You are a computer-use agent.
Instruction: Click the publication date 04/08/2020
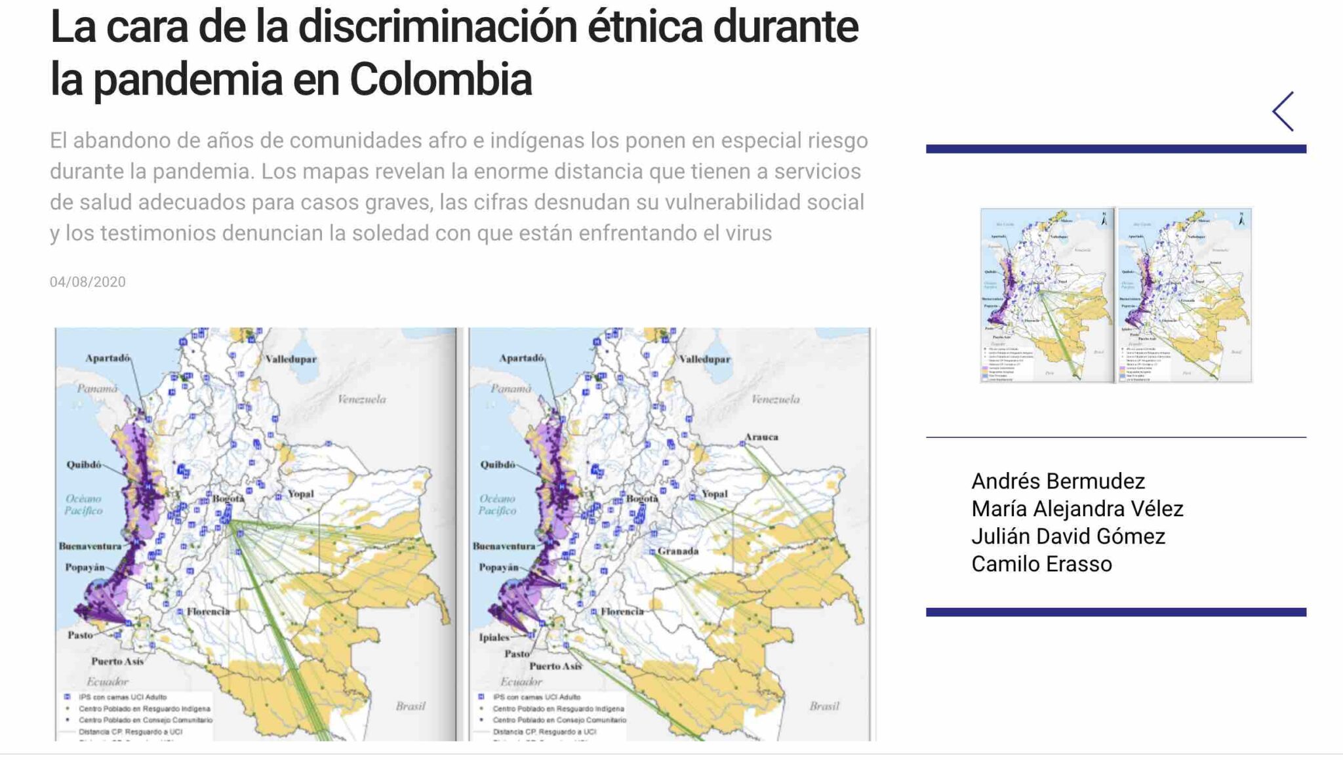point(87,282)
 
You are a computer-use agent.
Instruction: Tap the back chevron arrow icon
point(1283,111)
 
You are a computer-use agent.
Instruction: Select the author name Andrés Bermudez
point(1058,481)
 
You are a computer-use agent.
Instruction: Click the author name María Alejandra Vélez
point(1077,509)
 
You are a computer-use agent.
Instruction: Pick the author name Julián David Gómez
point(1068,536)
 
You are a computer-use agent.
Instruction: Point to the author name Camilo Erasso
point(1041,564)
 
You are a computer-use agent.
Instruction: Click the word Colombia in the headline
point(440,79)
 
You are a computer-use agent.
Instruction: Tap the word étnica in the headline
point(644,28)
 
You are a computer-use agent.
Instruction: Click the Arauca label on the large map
point(761,437)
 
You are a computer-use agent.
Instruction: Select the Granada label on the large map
point(678,551)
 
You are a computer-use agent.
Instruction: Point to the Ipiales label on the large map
point(494,637)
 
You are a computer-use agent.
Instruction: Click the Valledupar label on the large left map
point(291,359)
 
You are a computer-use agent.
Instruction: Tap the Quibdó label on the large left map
point(84,464)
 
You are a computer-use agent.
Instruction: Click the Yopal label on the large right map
point(714,494)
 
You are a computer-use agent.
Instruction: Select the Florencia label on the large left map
point(208,611)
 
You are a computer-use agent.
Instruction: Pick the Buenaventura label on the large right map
point(504,546)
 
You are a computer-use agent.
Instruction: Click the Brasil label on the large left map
point(411,706)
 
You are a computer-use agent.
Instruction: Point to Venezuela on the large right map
point(775,399)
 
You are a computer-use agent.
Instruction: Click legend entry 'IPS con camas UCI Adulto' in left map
point(122,697)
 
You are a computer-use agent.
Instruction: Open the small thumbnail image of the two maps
point(1115,295)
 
